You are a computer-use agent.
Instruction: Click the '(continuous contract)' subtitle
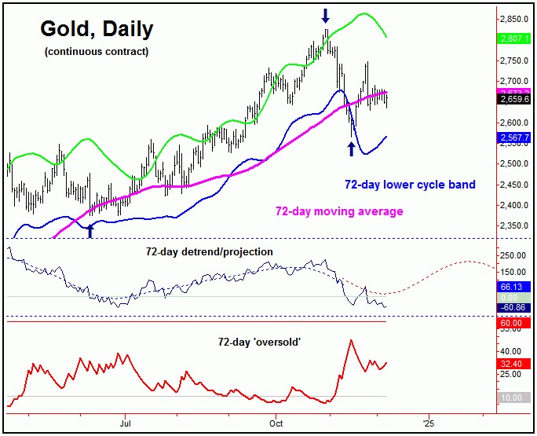tap(96, 52)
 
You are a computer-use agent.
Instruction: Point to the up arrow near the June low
tap(90, 229)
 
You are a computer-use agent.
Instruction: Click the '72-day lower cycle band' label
tap(410, 185)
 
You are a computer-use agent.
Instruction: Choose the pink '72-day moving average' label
tap(338, 211)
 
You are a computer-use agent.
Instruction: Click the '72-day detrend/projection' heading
tap(210, 251)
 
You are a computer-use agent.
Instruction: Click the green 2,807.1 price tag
tap(515, 38)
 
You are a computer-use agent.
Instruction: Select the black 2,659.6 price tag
tap(515, 99)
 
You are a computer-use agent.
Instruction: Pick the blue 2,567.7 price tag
tap(515, 137)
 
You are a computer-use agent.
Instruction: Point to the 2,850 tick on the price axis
tap(516, 19)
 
